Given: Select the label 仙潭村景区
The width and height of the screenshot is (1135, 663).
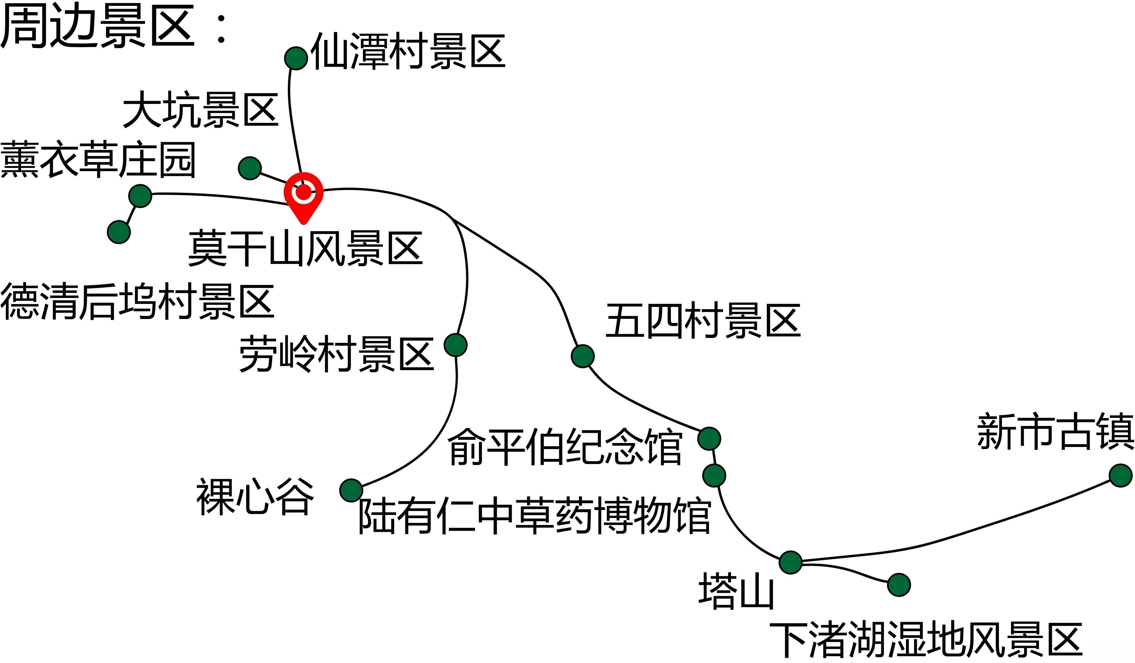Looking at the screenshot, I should pos(408,51).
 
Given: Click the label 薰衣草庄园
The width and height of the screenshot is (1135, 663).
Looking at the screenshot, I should pos(98,160).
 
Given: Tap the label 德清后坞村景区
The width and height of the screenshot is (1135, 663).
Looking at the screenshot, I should pos(137,302).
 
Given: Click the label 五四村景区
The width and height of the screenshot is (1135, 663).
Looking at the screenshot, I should pos(703,321).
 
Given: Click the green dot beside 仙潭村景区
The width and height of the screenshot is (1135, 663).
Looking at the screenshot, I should pos(296,58).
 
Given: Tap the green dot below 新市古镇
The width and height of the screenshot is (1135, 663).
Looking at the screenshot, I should pos(1121,476).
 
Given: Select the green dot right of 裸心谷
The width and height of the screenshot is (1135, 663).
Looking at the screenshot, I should pos(351,490).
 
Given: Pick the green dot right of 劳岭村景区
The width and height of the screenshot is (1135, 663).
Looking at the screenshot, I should pos(455,345).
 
